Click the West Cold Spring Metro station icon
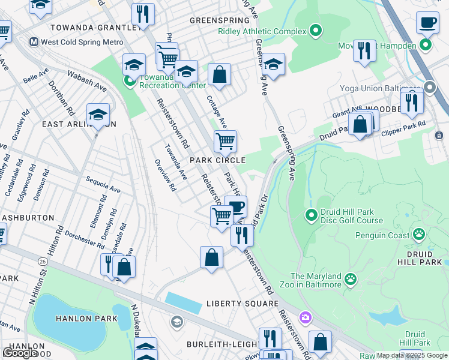(34, 42)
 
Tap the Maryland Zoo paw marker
(350, 278)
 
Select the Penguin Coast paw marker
(419, 235)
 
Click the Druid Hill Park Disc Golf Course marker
(311, 214)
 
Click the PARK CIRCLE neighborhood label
(218, 160)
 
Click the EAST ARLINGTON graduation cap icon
(98, 115)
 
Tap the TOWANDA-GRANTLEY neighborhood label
(89, 28)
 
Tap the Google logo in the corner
(20, 352)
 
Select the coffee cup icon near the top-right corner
(427, 22)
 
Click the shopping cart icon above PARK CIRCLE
(225, 142)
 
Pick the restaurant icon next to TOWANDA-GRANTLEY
(143, 14)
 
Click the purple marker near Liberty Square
(306, 316)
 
